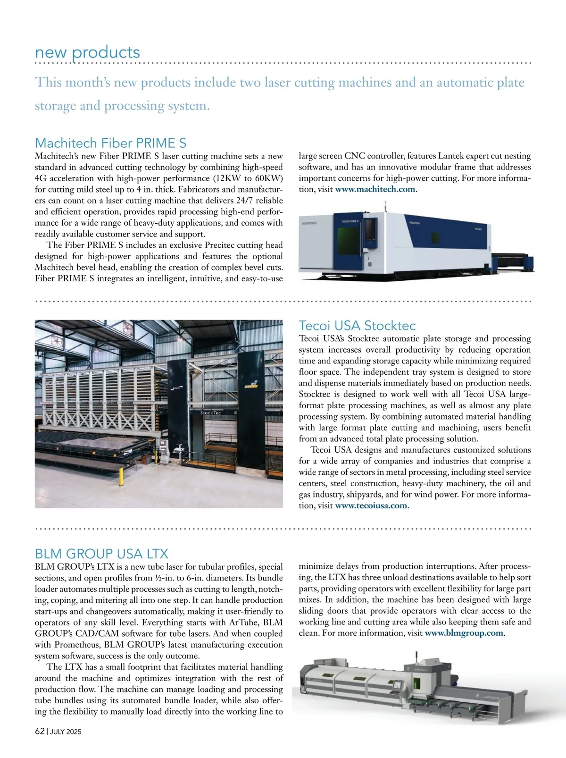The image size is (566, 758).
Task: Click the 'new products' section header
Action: [x=87, y=52]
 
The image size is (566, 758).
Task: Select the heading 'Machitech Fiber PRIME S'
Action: [x=111, y=143]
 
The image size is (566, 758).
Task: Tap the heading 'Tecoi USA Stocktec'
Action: [x=357, y=325]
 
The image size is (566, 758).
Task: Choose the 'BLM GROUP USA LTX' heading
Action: [x=101, y=553]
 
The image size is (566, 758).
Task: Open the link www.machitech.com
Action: [x=375, y=189]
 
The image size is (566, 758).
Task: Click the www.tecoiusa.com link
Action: [x=371, y=505]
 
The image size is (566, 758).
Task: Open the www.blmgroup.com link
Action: [x=464, y=633]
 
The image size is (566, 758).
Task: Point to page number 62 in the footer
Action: [x=40, y=731]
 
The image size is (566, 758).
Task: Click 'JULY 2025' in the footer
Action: [x=66, y=732]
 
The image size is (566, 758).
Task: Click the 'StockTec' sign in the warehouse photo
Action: [x=210, y=413]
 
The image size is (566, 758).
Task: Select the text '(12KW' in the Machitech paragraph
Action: [x=226, y=178]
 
